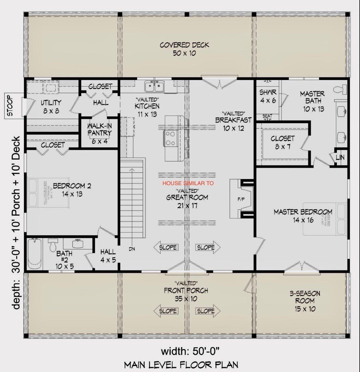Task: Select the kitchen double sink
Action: [155, 87]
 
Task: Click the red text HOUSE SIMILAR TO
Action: [188, 184]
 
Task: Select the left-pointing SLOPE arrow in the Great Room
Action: [166, 248]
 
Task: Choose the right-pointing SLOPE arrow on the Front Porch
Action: [208, 311]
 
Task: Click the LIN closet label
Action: [340, 157]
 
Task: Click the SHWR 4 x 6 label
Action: [268, 96]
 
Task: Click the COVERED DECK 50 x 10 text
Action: [184, 49]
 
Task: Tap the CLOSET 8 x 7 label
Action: [282, 142]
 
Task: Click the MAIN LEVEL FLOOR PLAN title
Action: [181, 364]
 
